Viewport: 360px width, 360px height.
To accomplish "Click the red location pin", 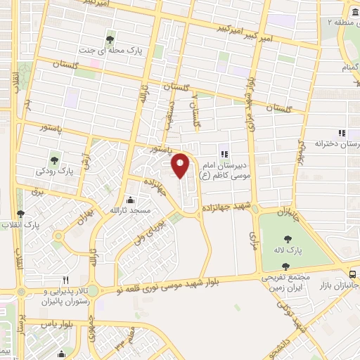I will (x=181, y=164).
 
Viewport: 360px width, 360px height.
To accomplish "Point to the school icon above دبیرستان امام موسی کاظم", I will (x=224, y=154).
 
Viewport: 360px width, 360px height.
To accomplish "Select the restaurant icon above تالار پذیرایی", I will (x=65, y=278).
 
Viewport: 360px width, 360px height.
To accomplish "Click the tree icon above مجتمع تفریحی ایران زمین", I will (x=285, y=266).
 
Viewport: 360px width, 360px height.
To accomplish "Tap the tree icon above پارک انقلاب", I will (x=20, y=213).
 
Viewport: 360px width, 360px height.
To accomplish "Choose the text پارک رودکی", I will (x=56, y=171).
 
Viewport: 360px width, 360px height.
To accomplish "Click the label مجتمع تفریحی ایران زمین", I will (x=285, y=283).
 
